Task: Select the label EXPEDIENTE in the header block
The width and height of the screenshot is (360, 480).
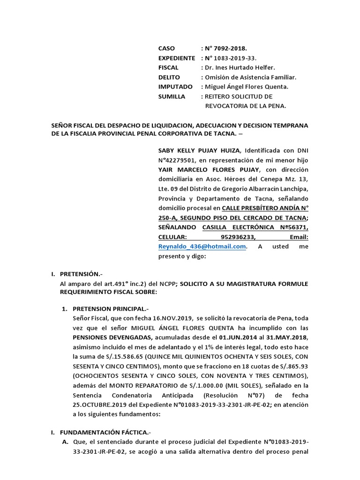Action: click(176, 58)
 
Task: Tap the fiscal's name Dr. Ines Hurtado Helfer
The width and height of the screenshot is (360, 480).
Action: click(242, 67)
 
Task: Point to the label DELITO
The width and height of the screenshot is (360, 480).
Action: click(169, 77)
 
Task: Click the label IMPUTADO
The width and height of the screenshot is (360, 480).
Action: click(175, 87)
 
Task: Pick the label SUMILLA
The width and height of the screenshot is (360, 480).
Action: click(172, 97)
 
